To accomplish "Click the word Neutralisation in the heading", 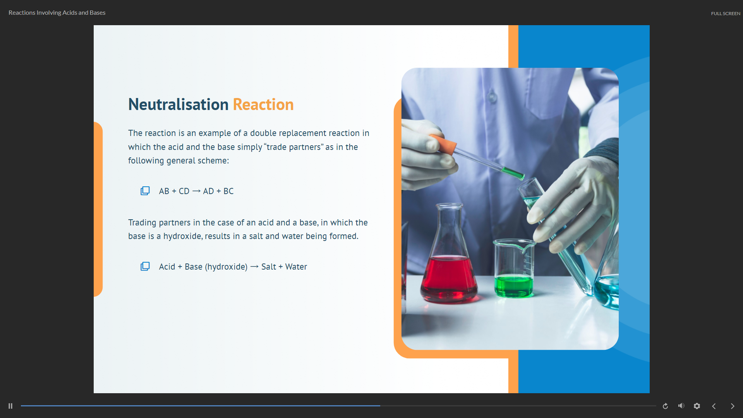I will pos(178,105).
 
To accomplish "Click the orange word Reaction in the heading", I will pos(263,105).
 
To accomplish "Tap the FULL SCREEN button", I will pos(725,14).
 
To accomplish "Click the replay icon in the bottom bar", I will pos(665,406).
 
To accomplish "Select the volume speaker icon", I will pos(681,406).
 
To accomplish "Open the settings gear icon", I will pos(697,406).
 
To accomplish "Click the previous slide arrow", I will pos(714,406).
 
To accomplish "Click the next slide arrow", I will pos(732,406).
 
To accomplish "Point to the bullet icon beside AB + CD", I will pos(145,191).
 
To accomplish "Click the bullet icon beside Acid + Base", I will pos(145,266).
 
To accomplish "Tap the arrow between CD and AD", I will pos(196,191).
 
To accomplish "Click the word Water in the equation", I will pos(296,267).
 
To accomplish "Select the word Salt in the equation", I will pos(268,267).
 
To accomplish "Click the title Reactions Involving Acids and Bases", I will pos(57,13).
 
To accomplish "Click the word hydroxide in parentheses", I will pos(226,267).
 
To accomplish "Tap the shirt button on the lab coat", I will pos(492,96).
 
